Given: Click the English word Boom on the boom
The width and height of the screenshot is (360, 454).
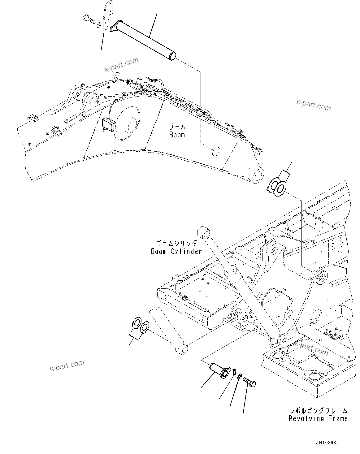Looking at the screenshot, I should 177,135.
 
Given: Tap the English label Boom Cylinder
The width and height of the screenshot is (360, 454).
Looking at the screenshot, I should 176,251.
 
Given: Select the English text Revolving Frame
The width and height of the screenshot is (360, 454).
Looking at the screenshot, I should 318,419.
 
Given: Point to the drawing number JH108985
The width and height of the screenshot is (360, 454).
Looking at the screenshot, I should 327,443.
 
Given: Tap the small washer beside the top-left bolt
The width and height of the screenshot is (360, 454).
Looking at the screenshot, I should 98,25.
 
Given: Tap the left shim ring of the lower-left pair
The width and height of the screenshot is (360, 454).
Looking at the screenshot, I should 137,324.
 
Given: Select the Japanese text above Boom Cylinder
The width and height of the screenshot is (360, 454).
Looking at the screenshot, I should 176,243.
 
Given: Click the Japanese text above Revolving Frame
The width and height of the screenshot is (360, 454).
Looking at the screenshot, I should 318,411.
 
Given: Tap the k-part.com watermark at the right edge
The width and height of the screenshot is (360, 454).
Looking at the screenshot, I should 314,105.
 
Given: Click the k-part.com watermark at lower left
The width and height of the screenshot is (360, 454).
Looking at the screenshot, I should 67,366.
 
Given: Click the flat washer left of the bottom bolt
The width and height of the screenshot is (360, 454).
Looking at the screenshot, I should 240,376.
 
